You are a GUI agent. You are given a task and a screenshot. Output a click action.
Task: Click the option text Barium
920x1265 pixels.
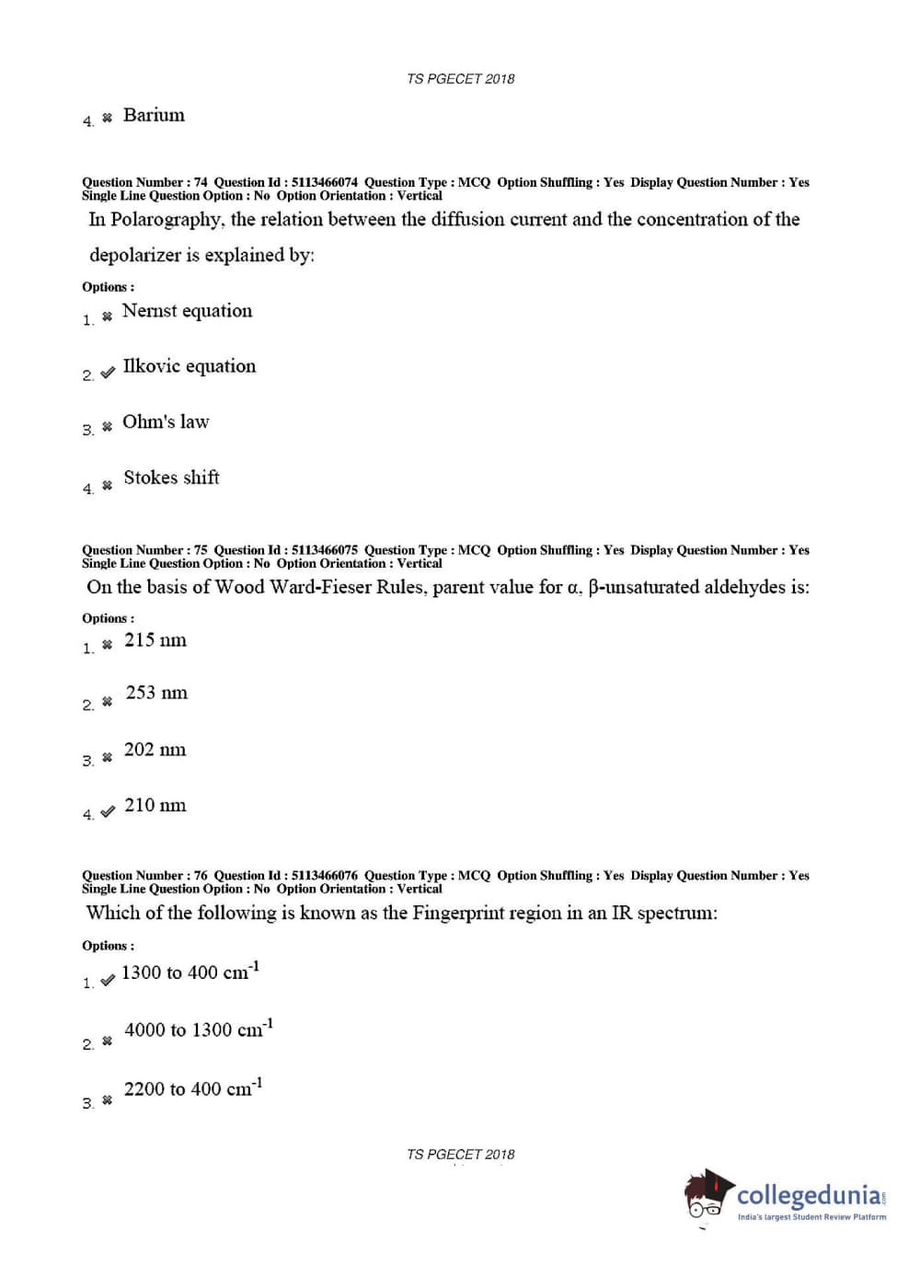(x=154, y=115)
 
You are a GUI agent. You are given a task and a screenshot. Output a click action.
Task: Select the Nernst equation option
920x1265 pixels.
(x=187, y=311)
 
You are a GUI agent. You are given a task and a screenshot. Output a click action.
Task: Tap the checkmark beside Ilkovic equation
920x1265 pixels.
(x=108, y=372)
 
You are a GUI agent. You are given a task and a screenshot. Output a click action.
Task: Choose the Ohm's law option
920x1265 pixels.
(x=166, y=422)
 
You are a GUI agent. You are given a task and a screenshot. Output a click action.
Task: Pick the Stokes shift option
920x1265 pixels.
(x=171, y=477)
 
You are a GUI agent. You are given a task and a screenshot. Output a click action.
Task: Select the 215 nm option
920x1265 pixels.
(x=155, y=640)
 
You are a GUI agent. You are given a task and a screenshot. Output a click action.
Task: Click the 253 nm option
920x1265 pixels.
(x=156, y=693)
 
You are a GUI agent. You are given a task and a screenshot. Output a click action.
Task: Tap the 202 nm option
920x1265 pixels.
(x=155, y=750)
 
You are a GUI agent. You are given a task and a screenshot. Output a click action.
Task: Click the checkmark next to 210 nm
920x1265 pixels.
(x=108, y=811)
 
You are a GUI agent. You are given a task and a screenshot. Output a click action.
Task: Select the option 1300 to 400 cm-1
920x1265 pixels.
(x=190, y=972)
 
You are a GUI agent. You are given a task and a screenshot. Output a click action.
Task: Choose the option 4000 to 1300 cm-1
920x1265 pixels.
(x=198, y=1029)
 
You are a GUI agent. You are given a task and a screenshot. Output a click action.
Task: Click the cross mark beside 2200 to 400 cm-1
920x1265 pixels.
(x=108, y=1099)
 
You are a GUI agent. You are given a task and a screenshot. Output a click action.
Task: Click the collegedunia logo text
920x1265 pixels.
(x=810, y=1195)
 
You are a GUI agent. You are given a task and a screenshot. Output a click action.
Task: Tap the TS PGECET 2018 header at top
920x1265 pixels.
(x=460, y=79)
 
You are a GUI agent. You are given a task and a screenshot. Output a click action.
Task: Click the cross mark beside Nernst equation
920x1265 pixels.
(x=108, y=316)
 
